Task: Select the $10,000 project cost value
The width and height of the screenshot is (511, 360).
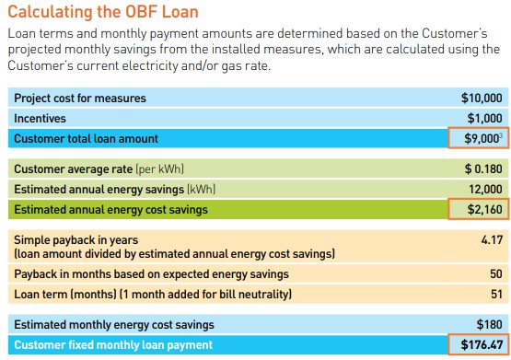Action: [x=482, y=98]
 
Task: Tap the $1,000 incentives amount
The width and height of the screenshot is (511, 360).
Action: [x=484, y=118]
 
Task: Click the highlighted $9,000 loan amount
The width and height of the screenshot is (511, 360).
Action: [x=480, y=138]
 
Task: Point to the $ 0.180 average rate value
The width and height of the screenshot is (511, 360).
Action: [x=482, y=169]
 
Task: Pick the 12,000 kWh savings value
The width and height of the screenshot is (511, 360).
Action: [x=484, y=190]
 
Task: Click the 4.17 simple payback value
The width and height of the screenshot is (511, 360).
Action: [x=491, y=239]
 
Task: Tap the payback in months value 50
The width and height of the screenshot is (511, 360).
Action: [x=495, y=273]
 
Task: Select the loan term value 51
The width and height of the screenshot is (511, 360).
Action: [x=495, y=294]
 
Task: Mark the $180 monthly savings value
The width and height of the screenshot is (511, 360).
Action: [x=489, y=324]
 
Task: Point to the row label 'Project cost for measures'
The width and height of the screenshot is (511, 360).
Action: [x=80, y=98]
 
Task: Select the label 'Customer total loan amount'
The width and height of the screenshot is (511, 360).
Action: [x=86, y=138]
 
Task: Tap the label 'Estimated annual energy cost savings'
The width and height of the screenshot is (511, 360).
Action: [x=110, y=210]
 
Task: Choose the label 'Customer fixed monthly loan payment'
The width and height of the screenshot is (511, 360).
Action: [x=112, y=345]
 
